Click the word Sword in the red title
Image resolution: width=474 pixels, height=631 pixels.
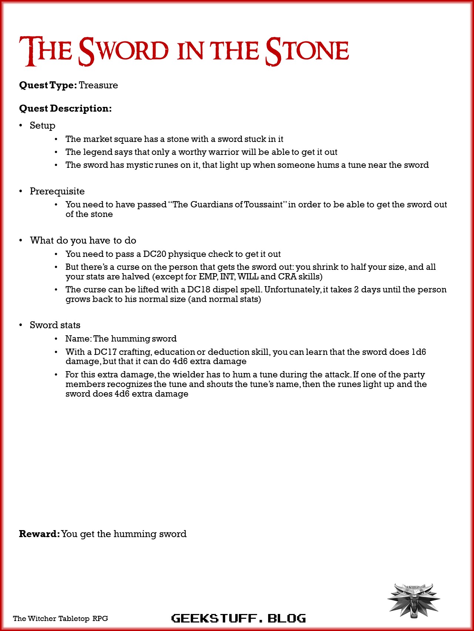[123, 51]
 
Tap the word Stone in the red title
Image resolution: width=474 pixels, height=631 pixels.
[307, 51]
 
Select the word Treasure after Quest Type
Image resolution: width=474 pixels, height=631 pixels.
[98, 85]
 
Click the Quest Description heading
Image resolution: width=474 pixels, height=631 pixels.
[65, 109]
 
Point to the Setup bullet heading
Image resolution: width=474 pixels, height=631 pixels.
[43, 126]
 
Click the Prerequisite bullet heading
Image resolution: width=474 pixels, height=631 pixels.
[57, 191]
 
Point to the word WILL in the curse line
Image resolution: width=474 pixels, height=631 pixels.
[248, 277]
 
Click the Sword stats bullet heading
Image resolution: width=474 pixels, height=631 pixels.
[55, 325]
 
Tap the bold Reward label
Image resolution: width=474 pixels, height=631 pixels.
[39, 534]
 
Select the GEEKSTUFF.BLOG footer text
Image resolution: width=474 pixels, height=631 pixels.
[238, 618]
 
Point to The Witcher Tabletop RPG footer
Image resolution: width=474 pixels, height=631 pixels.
[60, 618]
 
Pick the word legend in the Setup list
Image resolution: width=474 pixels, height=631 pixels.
[98, 152]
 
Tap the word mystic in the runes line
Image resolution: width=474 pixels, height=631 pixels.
[140, 165]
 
